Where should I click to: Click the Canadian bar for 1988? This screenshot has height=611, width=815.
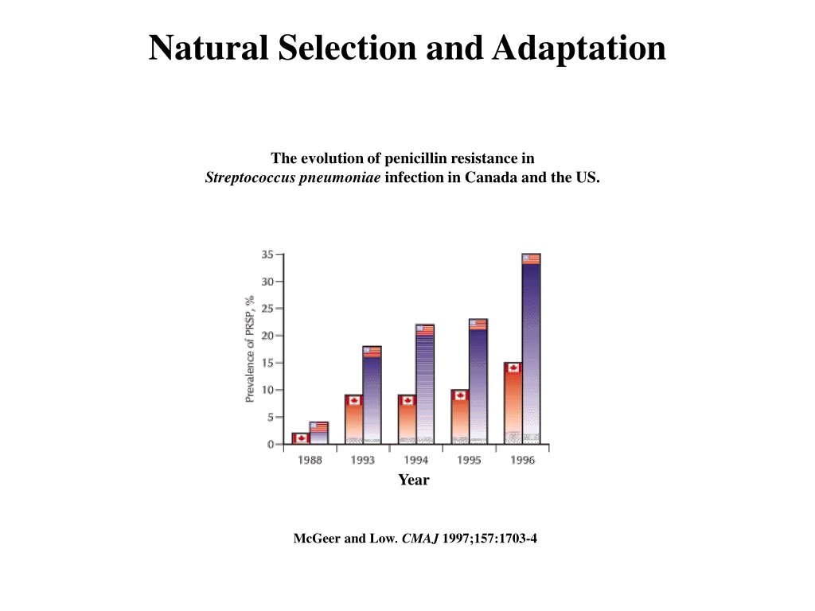(300, 438)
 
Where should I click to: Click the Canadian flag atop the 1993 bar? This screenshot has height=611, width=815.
(353, 400)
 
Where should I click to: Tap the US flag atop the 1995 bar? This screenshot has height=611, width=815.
(478, 324)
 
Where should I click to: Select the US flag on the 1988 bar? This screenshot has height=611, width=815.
(318, 426)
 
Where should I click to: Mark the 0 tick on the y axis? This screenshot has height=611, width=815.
(271, 444)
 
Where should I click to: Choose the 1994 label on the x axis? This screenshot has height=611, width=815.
(415, 461)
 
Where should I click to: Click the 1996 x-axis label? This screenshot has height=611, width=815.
(522, 461)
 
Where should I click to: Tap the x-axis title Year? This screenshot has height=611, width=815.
(414, 480)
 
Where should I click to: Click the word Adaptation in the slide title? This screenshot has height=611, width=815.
(579, 48)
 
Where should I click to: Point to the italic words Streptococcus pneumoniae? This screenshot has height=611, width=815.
(293, 177)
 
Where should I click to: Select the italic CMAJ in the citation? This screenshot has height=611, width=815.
(420, 539)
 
